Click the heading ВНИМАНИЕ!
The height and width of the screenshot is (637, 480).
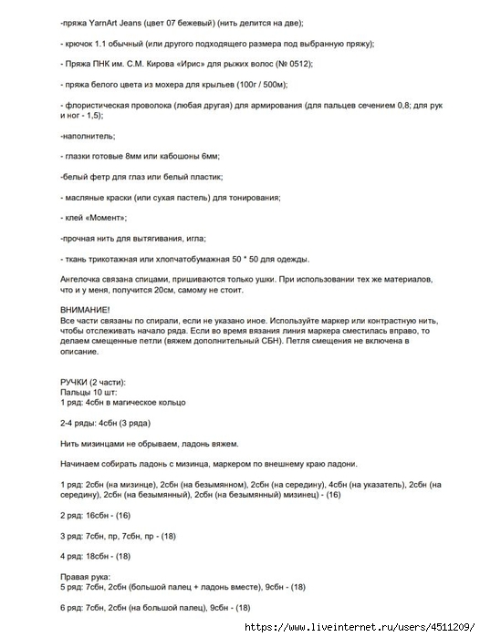point(80,310)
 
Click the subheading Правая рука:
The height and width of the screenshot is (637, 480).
point(84,576)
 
